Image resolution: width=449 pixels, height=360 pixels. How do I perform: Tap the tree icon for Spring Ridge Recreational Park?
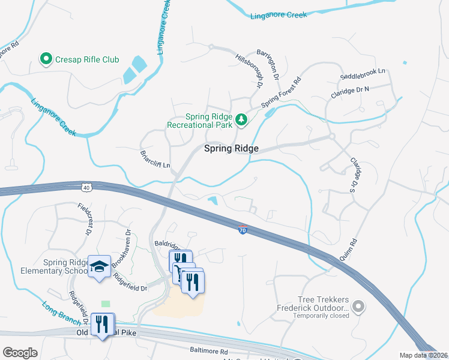point(241,120)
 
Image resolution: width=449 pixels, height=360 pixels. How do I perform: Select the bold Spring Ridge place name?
point(231,148)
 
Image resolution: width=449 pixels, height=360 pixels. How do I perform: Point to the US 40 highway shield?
point(88,188)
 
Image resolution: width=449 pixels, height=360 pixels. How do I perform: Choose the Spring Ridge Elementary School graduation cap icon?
point(99,266)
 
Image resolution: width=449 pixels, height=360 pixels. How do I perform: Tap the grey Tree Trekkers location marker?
point(358,307)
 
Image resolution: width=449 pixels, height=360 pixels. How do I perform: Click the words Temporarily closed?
point(321,315)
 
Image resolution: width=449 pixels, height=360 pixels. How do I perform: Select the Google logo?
point(20,353)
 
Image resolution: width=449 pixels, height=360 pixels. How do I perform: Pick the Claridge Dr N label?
point(350,92)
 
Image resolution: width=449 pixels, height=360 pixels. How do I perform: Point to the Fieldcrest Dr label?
point(85,219)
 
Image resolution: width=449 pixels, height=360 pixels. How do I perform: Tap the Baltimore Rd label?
point(208,351)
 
